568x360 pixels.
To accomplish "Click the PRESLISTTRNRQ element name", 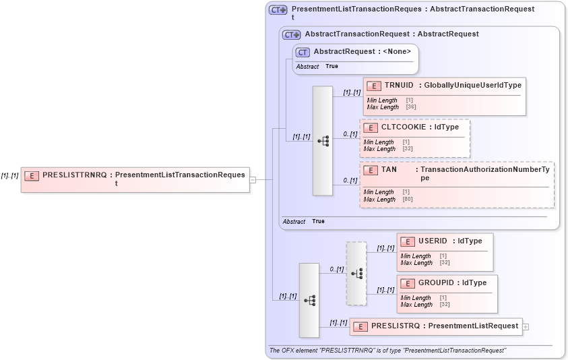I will pos(73,175).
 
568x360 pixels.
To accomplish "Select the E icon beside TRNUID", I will pos(374,86).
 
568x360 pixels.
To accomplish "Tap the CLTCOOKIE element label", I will pos(403,127).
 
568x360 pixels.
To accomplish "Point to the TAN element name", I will pos(389,170).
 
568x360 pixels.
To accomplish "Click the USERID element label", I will pos(433,241).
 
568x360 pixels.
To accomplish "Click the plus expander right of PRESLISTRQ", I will pos(526,327).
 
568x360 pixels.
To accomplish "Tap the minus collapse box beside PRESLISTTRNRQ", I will pos(253,180).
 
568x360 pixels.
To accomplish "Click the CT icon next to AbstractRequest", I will pos(303,52).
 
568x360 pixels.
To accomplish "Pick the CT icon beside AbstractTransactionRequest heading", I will pos(291,34).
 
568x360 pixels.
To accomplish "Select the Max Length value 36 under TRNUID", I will pos(411,107).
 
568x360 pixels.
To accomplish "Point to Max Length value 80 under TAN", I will pos(408,200).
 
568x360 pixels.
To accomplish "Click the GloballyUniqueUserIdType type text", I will pos(472,85).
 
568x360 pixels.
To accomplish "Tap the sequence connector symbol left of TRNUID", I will pos(323,141).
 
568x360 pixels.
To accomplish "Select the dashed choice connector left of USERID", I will pos(356,273).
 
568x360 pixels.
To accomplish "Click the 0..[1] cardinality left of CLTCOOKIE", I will pos(350,134).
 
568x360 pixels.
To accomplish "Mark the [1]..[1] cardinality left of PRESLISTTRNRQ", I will pos(9,175).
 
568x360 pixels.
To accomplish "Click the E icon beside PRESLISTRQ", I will pos(360,327).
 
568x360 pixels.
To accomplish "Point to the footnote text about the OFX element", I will pos(387,351).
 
